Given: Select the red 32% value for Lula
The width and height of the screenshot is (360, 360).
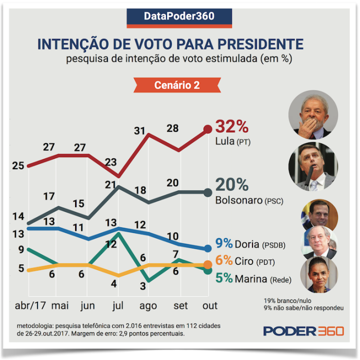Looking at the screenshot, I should click(x=232, y=125).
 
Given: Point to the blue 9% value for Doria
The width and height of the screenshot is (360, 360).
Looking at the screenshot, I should click(x=223, y=243).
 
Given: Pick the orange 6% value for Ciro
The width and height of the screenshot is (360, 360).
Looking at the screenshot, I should click(x=223, y=261).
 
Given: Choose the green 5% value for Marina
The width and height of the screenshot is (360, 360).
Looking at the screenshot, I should click(x=223, y=278).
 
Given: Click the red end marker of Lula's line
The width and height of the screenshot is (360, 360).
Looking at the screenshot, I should click(x=208, y=130).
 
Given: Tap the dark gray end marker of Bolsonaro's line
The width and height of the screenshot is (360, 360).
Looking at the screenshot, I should click(x=208, y=192).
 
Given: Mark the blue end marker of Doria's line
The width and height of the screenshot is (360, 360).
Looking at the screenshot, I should click(x=208, y=248).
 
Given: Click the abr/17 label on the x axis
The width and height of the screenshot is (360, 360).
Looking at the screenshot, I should click(x=30, y=305).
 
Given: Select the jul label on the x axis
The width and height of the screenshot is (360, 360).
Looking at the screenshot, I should click(x=119, y=305).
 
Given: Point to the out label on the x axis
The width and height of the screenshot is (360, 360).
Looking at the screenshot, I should click(x=209, y=305).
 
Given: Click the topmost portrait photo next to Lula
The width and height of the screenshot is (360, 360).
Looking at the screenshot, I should click(x=313, y=114).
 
